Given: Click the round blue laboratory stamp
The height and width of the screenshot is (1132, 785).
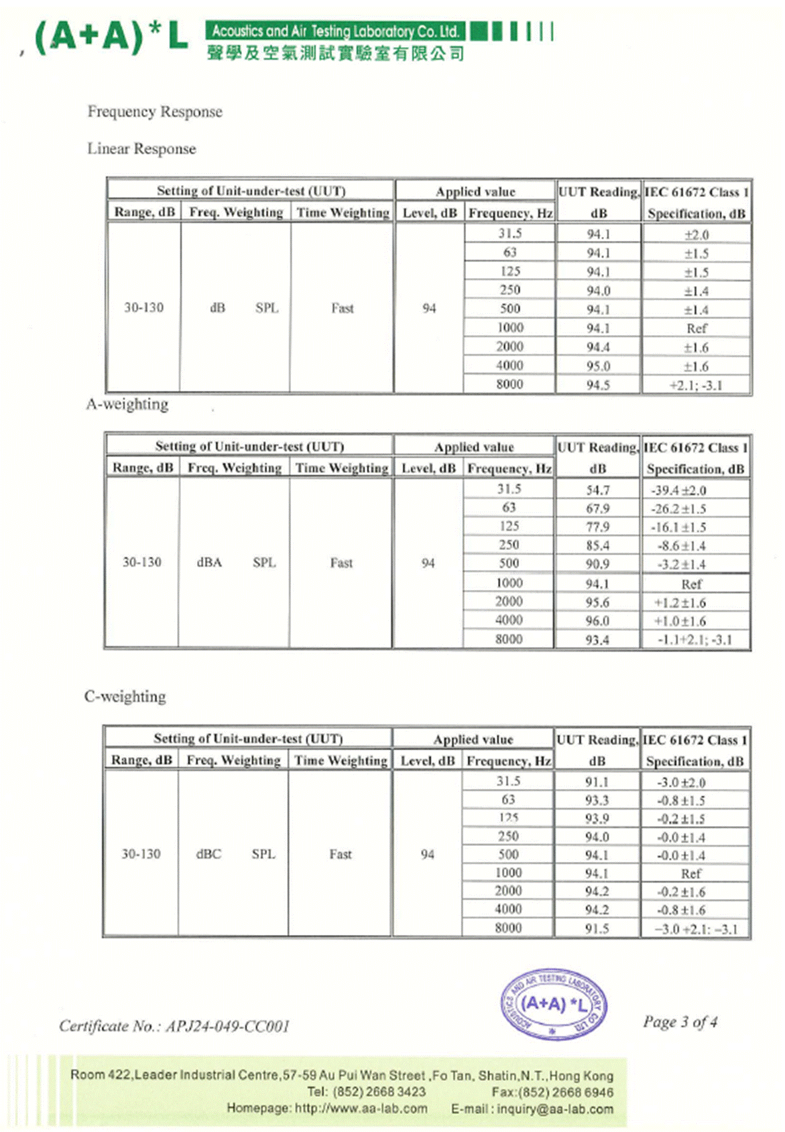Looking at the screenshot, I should [553, 1005].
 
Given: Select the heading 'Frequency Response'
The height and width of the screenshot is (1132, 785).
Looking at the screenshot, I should [154, 111].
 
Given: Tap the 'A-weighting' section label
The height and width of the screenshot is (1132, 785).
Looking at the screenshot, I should [127, 404].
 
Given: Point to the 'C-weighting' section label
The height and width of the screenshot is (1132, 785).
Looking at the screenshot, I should [125, 696].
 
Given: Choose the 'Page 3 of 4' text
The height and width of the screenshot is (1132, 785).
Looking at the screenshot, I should [680, 1021].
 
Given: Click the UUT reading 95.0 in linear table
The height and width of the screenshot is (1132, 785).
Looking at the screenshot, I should [598, 366].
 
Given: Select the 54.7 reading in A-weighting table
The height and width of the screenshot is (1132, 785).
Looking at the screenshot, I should [597, 490].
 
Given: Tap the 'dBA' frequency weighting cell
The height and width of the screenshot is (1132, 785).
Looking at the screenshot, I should [209, 563].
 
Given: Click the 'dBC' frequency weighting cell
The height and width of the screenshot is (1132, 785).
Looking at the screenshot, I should [208, 854].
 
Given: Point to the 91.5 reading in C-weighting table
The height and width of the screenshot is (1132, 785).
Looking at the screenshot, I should [597, 928].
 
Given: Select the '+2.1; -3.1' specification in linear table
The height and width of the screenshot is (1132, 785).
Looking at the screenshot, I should [695, 385].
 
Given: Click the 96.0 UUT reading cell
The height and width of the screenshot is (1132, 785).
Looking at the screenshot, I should [597, 621].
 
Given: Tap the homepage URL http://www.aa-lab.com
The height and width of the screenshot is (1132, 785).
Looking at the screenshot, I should [361, 1108].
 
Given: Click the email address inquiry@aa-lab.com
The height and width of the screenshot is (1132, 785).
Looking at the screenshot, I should [555, 1108].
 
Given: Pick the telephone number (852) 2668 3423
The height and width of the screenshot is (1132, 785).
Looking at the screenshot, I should [379, 1092].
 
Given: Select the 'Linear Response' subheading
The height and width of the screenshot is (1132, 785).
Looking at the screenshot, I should [141, 149].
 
